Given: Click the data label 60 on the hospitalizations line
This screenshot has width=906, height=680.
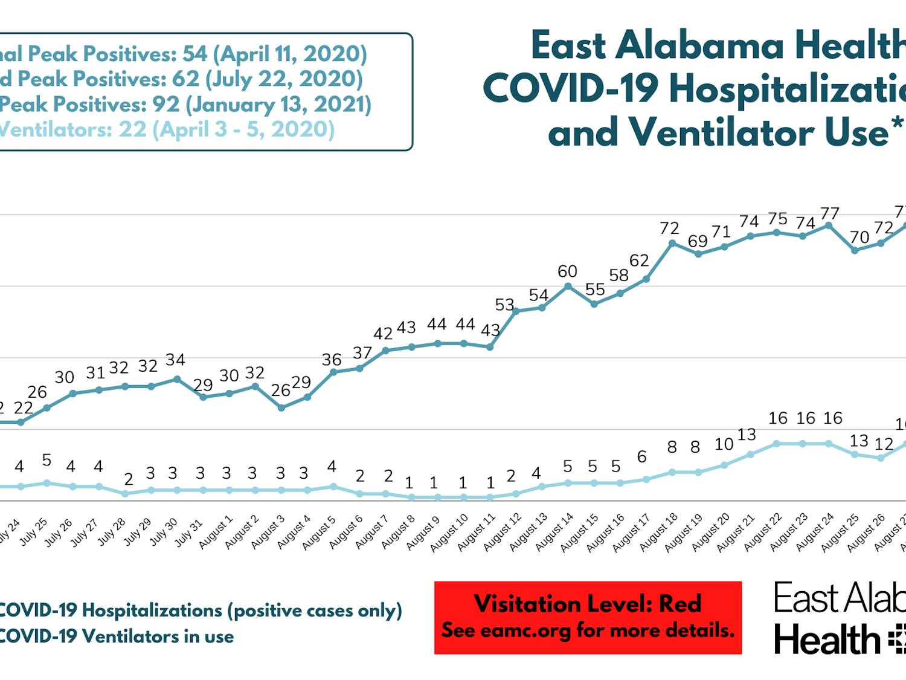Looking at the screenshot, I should pyautogui.click(x=567, y=271).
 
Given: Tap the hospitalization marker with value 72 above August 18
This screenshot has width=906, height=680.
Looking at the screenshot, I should pyautogui.click(x=672, y=244).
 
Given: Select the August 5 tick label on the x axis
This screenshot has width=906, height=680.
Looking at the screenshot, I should pyautogui.click(x=319, y=533).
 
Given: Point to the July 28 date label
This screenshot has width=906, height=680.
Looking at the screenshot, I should pyautogui.click(x=112, y=531).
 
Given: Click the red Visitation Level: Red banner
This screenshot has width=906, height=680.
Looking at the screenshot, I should pyautogui.click(x=588, y=617).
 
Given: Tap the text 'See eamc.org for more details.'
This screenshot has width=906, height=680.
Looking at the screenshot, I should pyautogui.click(x=588, y=630).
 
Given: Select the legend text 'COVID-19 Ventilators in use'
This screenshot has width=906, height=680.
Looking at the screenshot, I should pyautogui.click(x=116, y=636).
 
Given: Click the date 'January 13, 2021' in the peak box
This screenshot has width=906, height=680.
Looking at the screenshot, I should pyautogui.click(x=278, y=104).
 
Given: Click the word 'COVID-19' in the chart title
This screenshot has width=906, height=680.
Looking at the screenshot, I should pyautogui.click(x=571, y=89).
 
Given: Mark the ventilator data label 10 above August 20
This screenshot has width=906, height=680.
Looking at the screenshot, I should pyautogui.click(x=724, y=444).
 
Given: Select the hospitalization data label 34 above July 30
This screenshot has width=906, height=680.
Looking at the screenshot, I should pyautogui.click(x=175, y=360).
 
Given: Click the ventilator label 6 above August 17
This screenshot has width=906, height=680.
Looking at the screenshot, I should pyautogui.click(x=641, y=457).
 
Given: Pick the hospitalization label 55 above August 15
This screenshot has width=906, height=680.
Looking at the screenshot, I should pyautogui.click(x=595, y=290).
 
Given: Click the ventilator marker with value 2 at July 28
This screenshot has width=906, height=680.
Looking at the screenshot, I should pyautogui.click(x=125, y=494).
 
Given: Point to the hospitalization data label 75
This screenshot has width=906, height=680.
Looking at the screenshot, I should pyautogui.click(x=777, y=219).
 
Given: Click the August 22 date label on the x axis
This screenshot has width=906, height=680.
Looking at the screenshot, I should pyautogui.click(x=762, y=533).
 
